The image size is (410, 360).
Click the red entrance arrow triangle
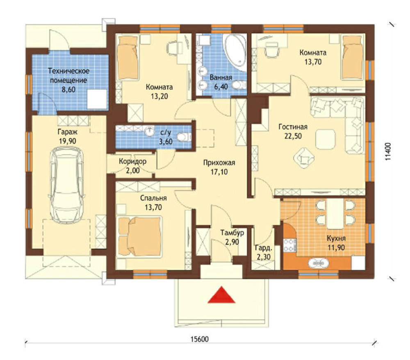point(221,295)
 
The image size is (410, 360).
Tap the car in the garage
point(66,185)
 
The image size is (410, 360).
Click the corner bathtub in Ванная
point(236,52)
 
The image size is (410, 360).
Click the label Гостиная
point(293,127)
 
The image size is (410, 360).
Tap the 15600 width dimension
point(200,339)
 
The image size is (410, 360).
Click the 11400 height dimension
point(389,151)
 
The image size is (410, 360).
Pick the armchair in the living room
point(303,158)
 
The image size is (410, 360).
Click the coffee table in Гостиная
point(325,139)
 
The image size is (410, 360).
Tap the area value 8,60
point(68,89)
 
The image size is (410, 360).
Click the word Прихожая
point(219,163)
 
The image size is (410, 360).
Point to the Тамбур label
point(232,232)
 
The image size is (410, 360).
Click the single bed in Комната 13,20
point(128,57)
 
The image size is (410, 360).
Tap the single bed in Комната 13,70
point(353,57)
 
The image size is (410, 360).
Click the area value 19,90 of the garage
point(68,141)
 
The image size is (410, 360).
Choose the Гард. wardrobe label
point(264,248)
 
